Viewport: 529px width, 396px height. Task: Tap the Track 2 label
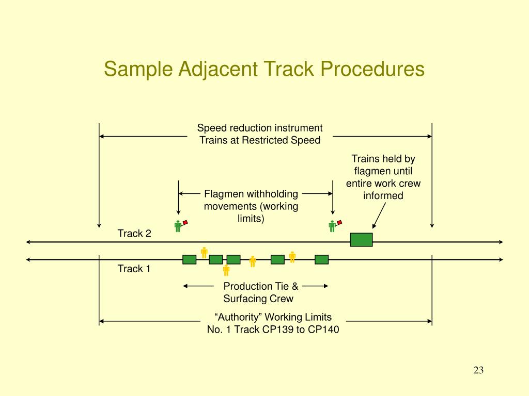point(134,234)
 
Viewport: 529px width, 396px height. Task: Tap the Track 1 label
point(134,269)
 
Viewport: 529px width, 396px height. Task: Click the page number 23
point(478,370)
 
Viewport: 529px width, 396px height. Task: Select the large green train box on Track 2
point(361,240)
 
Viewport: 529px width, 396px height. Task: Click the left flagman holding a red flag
point(179,226)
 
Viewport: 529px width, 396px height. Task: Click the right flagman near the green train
point(333,226)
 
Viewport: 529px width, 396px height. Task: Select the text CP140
point(323,330)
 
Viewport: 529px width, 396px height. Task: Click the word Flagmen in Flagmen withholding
point(221,194)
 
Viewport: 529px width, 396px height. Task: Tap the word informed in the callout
point(383,196)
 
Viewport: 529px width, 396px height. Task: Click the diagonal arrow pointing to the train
point(379,214)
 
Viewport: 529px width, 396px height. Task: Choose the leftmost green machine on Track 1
point(190,259)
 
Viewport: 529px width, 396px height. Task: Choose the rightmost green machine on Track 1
point(322,259)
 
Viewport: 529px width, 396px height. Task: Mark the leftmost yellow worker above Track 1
point(204,252)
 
